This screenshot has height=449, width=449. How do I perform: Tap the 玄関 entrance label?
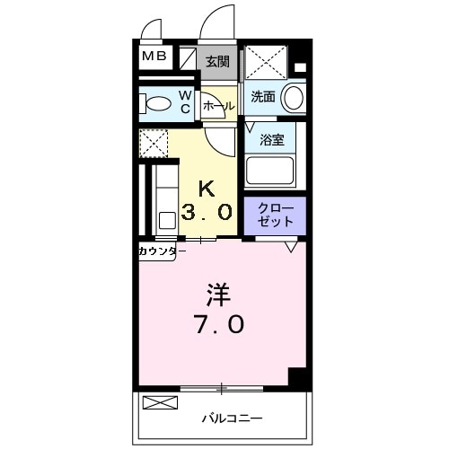tap(216, 62)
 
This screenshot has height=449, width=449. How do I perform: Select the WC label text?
tap(184, 101)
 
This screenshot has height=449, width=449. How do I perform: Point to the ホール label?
tap(218, 106)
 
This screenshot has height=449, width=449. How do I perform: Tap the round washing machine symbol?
tap(293, 98)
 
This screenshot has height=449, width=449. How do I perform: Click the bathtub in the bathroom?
tap(271, 170)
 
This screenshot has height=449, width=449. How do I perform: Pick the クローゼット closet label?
tap(275, 216)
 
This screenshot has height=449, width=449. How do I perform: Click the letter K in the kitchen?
tap(207, 188)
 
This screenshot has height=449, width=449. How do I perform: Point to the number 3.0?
tap(207, 213)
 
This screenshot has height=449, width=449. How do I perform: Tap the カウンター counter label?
tap(162, 251)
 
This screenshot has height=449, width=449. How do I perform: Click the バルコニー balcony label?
tap(231, 418)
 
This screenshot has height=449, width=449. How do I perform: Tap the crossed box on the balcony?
tap(162, 402)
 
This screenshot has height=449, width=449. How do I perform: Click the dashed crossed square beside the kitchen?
tap(154, 143)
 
